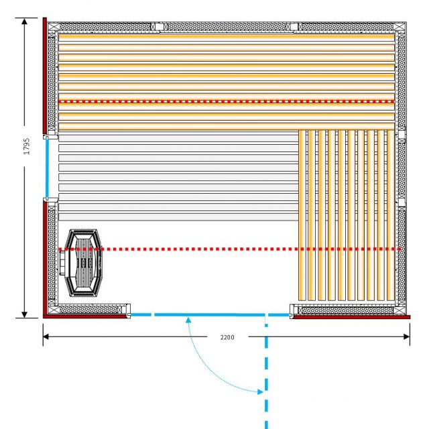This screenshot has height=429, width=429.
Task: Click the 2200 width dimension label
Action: pyautogui.click(x=227, y=337)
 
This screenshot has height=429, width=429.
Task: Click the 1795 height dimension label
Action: pyautogui.click(x=27, y=146)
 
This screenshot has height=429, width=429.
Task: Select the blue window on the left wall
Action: pyautogui.click(x=47, y=168)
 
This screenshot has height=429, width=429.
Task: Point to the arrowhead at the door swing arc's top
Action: pyautogui.click(x=188, y=320)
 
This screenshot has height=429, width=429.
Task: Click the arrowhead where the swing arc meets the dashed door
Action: pyautogui.click(x=260, y=392)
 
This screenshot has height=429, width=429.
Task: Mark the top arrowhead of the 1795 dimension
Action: pyautogui.click(x=24, y=21)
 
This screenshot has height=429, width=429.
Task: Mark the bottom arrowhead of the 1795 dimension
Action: pyautogui.click(x=24, y=314)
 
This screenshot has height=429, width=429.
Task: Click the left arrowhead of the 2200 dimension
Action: pyautogui.click(x=46, y=336)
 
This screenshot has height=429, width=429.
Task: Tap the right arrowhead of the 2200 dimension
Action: pyautogui.click(x=407, y=336)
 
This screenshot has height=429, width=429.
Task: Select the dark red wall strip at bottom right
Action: pyautogui.click(x=351, y=317)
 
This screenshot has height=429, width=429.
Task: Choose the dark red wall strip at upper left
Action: pyautogui.click(x=45, y=76)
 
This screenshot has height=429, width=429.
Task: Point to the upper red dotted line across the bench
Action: pyautogui.click(x=227, y=101)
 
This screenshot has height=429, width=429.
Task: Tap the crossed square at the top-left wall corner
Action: pyautogui.click(x=54, y=27)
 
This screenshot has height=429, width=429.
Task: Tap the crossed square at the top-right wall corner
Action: pyautogui.click(x=400, y=27)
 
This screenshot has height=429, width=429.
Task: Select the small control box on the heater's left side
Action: pyautogui.click(x=62, y=263)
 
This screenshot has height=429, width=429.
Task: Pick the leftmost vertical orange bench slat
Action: pyautogui.click(x=302, y=215)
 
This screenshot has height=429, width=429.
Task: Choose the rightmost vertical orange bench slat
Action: pyautogui.click(x=391, y=215)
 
